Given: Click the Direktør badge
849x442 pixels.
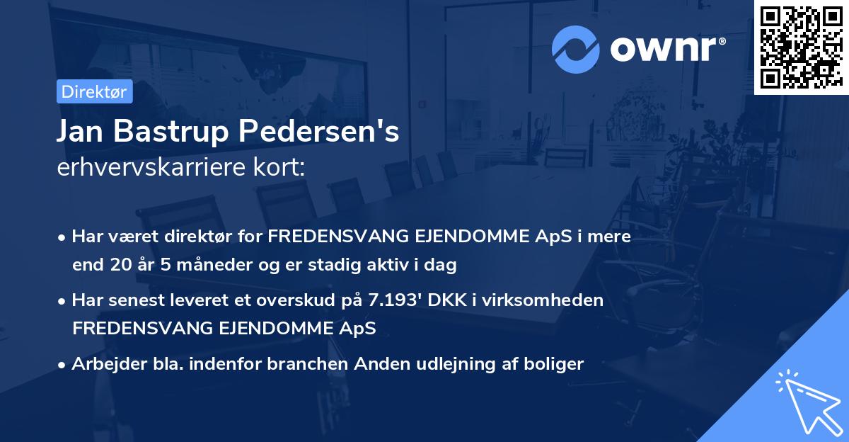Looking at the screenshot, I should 94,91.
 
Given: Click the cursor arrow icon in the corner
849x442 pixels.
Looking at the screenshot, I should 807,401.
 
